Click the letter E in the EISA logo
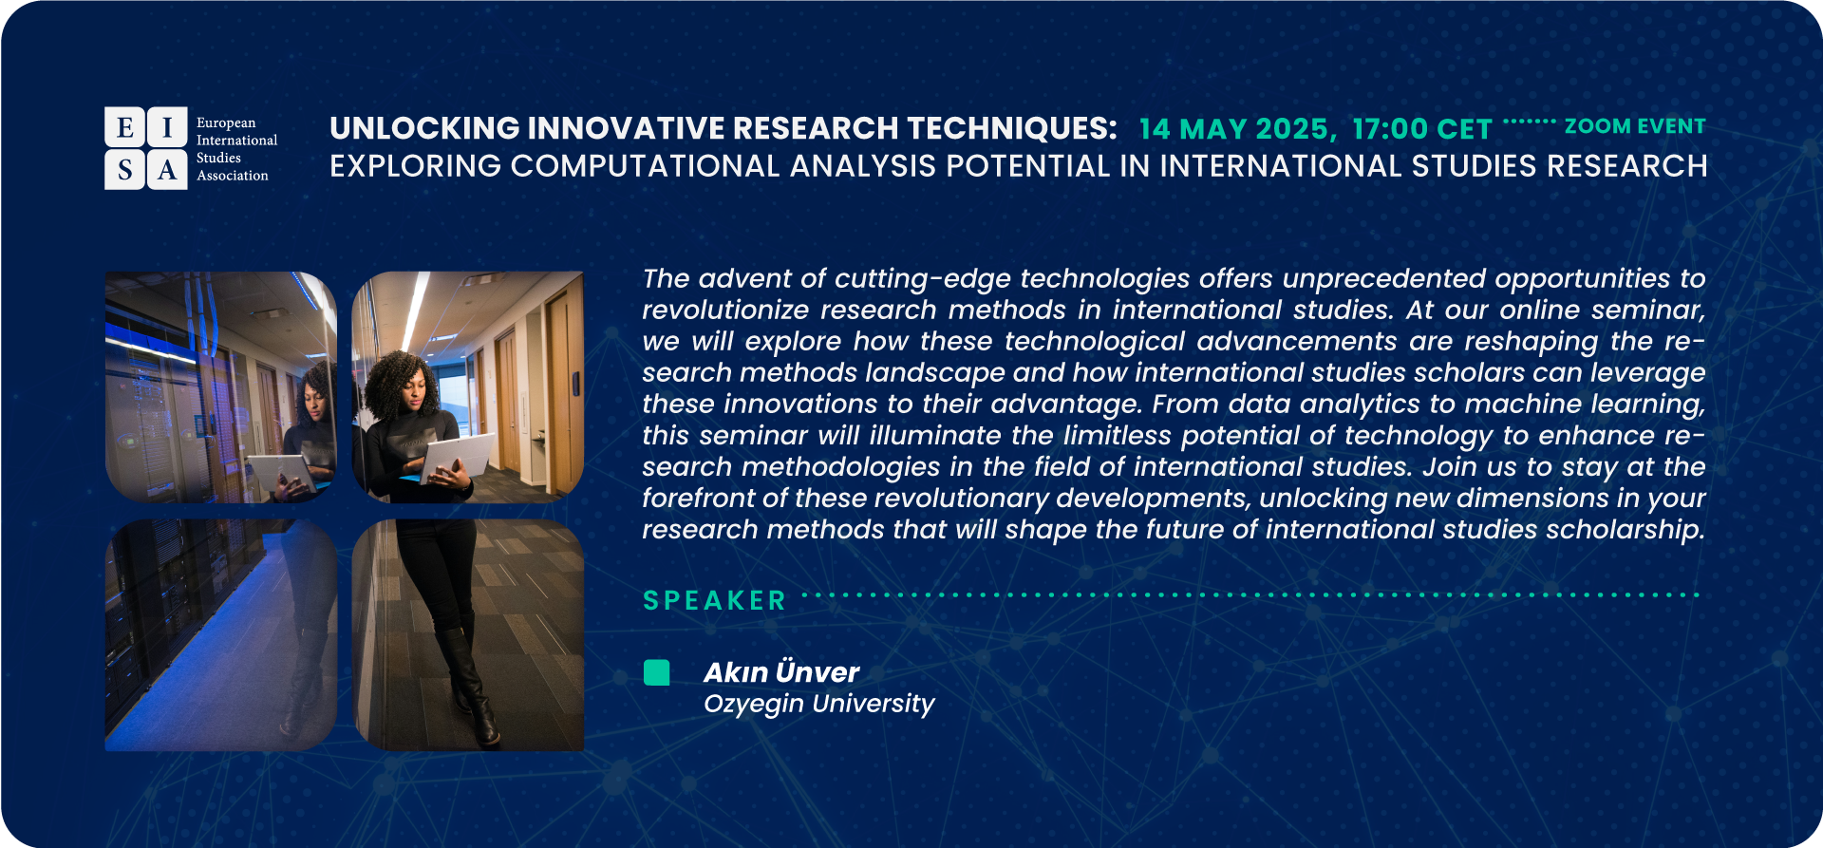pyautogui.click(x=124, y=127)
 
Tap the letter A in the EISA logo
pyautogui.click(x=167, y=170)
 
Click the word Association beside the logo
pyautogui.click(x=233, y=176)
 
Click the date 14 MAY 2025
pyautogui.click(x=1237, y=129)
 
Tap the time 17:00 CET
pyautogui.click(x=1421, y=129)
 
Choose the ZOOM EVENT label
pyautogui.click(x=1635, y=126)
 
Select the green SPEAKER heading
pyautogui.click(x=715, y=600)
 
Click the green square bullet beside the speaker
pyautogui.click(x=656, y=672)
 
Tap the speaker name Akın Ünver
pyautogui.click(x=781, y=672)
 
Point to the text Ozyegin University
pyautogui.click(x=819, y=704)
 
